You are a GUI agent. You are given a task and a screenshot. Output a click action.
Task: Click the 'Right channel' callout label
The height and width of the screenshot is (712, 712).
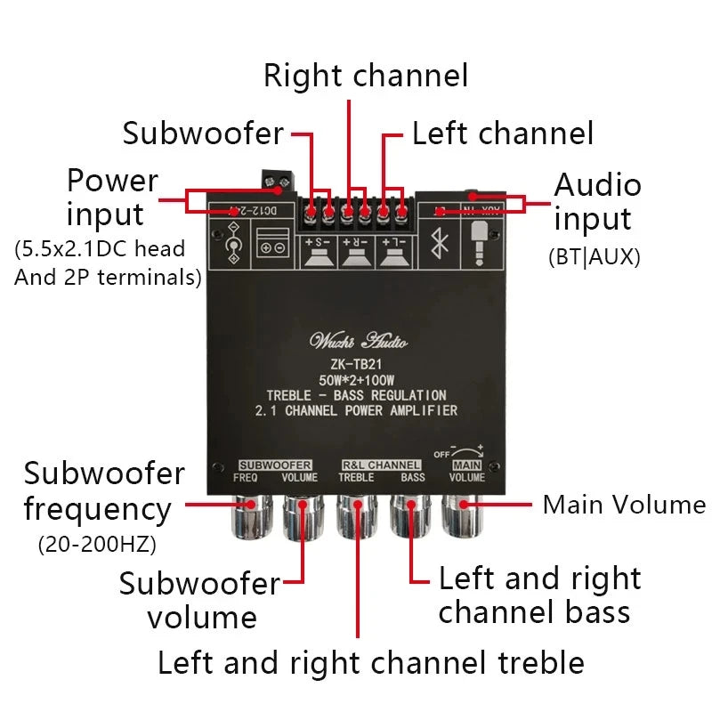coord(365,76)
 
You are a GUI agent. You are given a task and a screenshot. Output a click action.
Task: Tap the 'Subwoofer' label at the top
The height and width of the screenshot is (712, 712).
coord(203,133)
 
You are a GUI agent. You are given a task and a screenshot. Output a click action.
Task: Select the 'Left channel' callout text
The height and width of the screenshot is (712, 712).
coord(502,133)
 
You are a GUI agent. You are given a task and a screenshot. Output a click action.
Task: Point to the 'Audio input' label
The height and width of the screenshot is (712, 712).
coord(596,202)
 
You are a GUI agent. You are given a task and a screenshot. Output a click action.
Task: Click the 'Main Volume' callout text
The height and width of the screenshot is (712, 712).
coord(624,505)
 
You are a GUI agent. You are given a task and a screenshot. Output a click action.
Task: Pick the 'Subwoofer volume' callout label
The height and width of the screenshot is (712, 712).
coord(201,601)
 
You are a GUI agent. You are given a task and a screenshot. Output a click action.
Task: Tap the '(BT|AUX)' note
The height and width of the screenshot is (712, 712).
coord(594,257)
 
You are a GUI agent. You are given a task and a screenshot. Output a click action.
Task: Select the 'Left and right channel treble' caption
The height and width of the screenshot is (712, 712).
coord(370,663)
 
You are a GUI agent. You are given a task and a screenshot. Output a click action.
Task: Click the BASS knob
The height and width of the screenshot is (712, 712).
coord(411,517)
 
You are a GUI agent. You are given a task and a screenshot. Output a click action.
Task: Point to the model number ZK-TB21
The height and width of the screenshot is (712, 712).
coord(357,363)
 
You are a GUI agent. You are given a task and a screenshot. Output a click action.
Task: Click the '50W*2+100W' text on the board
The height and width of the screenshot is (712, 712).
coord(357,379)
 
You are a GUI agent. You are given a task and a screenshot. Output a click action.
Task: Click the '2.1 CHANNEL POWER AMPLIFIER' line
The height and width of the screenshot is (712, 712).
coord(357,410)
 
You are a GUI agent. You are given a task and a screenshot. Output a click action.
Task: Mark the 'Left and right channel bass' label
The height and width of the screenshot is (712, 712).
coord(538,595)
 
